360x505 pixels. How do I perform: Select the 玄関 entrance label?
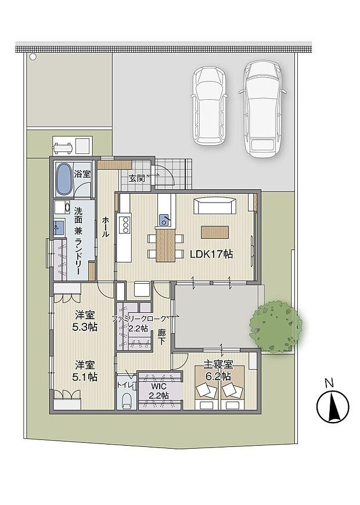pos(136,178)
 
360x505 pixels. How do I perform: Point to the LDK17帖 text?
pos(211,254)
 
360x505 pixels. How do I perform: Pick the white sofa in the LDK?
pos(215,207)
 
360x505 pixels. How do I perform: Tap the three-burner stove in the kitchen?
pos(124,223)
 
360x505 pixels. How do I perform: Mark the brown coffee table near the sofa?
pos(215,232)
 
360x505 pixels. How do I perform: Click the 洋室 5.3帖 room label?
pos(85,321)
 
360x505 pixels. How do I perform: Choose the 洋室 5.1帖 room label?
pos(85,370)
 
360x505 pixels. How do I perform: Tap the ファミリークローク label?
pos(139,319)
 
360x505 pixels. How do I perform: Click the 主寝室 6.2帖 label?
pos(218,370)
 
